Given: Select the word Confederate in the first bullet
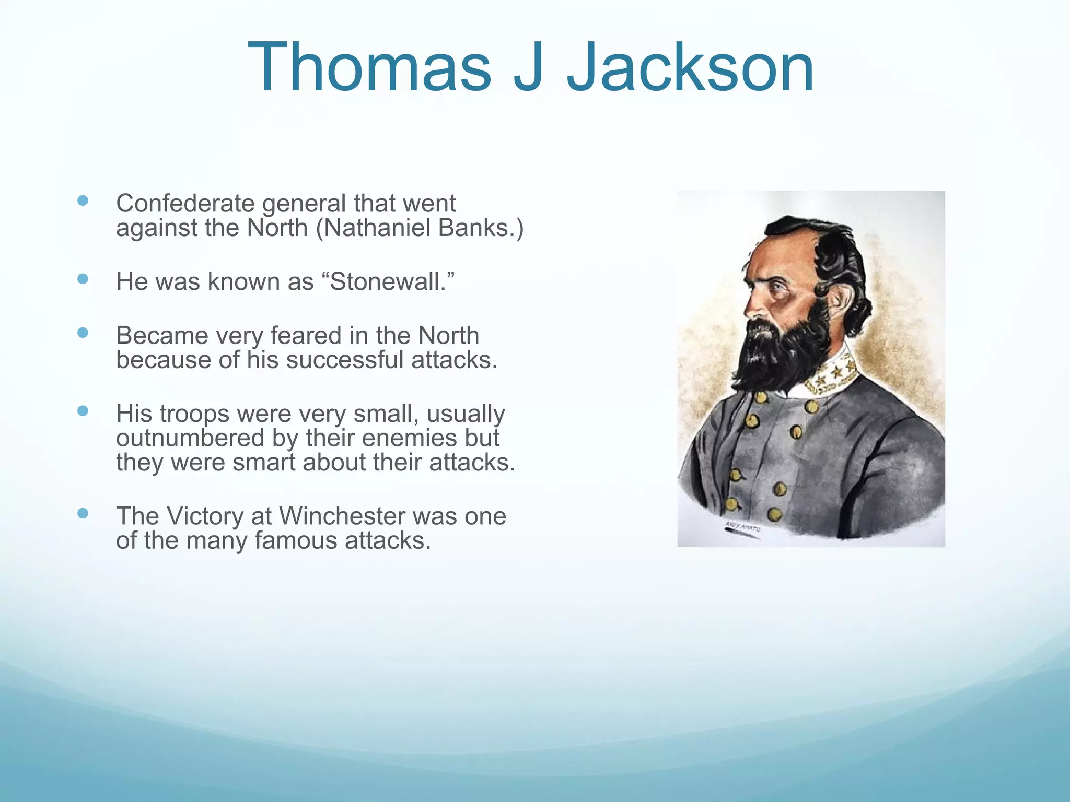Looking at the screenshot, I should (x=187, y=204).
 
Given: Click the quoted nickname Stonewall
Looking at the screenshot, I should (x=389, y=282).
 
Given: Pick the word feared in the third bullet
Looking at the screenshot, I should (x=307, y=336).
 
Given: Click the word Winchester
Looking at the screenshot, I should (x=342, y=516).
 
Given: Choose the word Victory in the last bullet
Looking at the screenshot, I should (x=205, y=516).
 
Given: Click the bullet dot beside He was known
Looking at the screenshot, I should (x=83, y=279).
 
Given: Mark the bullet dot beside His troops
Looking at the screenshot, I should (x=83, y=411).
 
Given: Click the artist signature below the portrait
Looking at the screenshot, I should (x=742, y=527).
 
